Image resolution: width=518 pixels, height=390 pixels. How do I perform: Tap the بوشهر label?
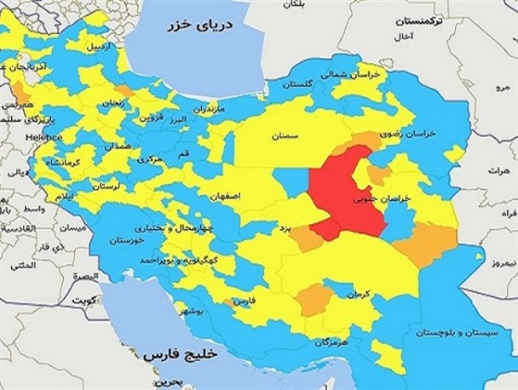209,313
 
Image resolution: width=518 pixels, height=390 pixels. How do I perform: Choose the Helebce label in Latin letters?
43,137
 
